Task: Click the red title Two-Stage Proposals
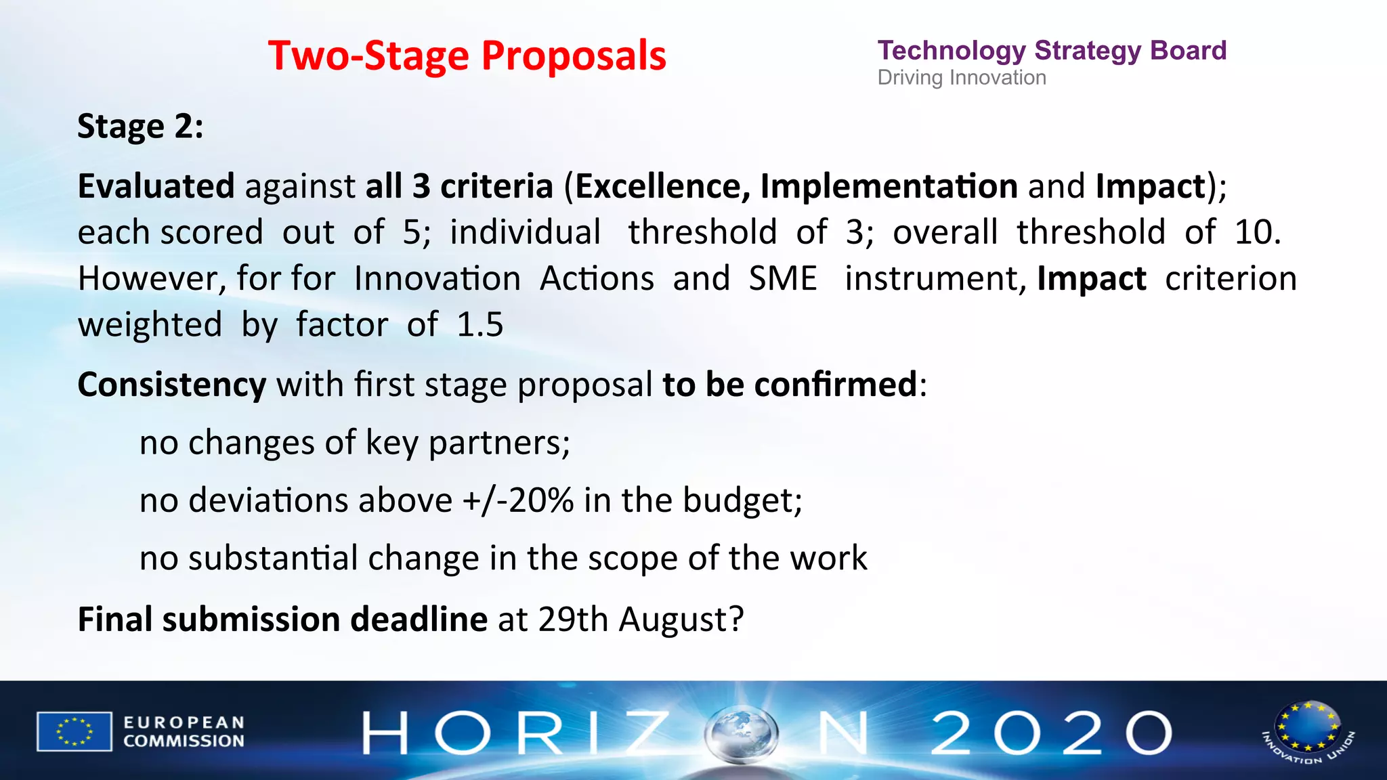pos(467,56)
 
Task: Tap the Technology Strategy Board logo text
pos(1052,51)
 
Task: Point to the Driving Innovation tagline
pos(962,78)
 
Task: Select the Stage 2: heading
pos(140,127)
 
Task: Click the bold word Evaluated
pos(156,186)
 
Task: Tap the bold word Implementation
pos(889,186)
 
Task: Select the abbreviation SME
pos(783,278)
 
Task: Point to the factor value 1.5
pos(480,324)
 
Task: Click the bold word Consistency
pos(172,385)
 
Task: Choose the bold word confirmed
pos(836,385)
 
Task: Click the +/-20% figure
pos(518,501)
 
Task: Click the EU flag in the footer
pos(74,731)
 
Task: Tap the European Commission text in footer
pos(184,732)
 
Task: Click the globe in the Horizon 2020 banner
pos(742,733)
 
